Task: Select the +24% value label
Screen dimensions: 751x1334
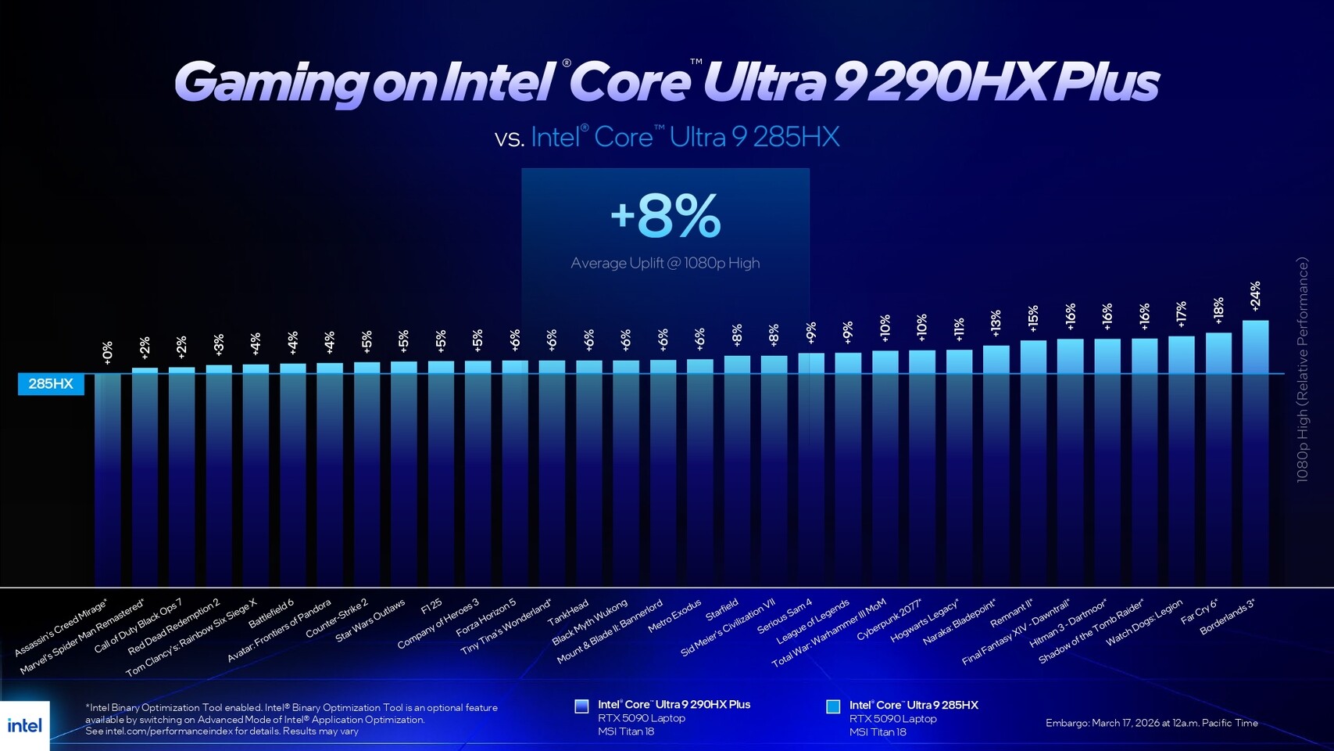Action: (1255, 296)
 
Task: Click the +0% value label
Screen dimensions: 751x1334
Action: (107, 352)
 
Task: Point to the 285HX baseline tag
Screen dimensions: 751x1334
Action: (51, 383)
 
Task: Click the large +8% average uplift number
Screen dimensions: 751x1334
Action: (665, 217)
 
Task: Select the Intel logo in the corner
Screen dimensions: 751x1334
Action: (24, 725)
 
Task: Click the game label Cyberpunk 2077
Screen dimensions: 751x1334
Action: (890, 620)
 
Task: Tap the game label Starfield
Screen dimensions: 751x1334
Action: (722, 609)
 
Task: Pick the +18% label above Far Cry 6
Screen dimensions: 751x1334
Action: (1218, 311)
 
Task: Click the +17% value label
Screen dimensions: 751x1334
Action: (1181, 314)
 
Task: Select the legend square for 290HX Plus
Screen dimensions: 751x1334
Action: (581, 706)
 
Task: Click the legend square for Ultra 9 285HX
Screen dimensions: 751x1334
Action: (833, 706)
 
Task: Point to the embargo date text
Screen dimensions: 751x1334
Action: (1151, 723)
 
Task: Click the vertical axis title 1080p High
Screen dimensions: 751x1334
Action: (1302, 369)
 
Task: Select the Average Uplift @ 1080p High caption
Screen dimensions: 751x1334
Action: (665, 263)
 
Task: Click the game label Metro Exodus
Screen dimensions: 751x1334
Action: (675, 616)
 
